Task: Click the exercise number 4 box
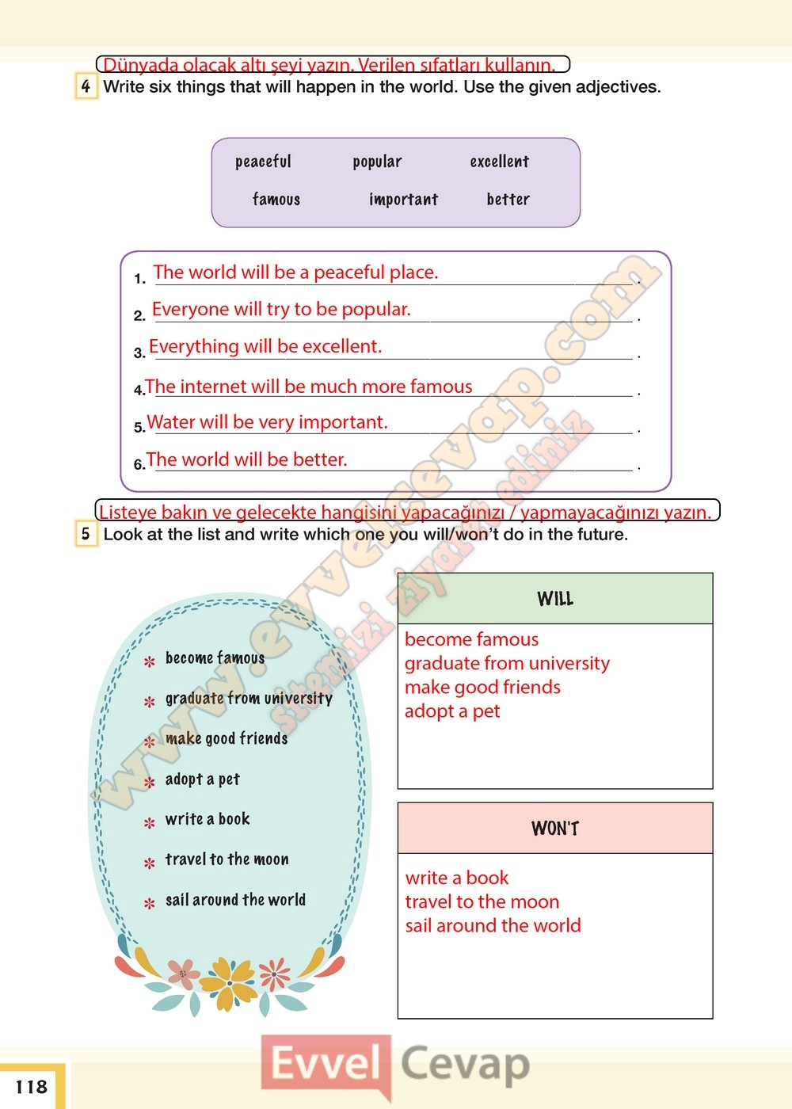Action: [86, 86]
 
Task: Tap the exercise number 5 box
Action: [86, 534]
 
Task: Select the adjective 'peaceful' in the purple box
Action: [263, 162]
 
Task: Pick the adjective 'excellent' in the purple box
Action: [499, 162]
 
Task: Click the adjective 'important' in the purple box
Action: [403, 200]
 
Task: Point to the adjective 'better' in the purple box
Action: [508, 200]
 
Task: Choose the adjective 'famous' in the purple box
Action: [276, 200]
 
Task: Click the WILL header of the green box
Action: [554, 599]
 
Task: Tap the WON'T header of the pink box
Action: [554, 829]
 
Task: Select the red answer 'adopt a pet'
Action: [452, 711]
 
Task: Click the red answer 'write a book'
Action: [457, 878]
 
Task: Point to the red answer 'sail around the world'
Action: [493, 925]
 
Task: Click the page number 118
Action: [32, 1087]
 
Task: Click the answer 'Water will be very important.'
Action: [267, 422]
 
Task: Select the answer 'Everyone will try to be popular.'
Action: [281, 309]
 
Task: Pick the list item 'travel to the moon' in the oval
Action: [227, 859]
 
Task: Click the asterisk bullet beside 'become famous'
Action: [149, 661]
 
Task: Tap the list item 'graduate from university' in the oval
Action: [249, 699]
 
